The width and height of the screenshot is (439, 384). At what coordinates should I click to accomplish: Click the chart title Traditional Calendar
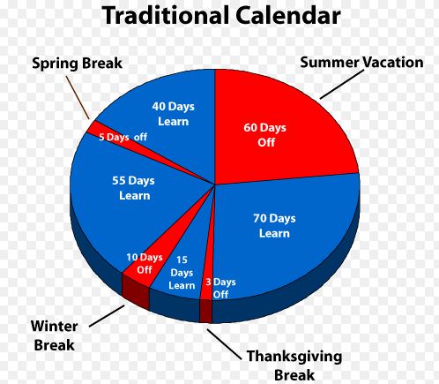[220, 16]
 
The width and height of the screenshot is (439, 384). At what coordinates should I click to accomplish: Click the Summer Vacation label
[361, 62]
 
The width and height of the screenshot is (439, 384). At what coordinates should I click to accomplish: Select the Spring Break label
[78, 64]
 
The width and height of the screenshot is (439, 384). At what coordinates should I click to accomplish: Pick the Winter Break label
[54, 335]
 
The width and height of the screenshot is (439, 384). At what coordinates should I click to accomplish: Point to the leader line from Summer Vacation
[339, 84]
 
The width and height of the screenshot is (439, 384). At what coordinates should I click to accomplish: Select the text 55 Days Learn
[134, 187]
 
